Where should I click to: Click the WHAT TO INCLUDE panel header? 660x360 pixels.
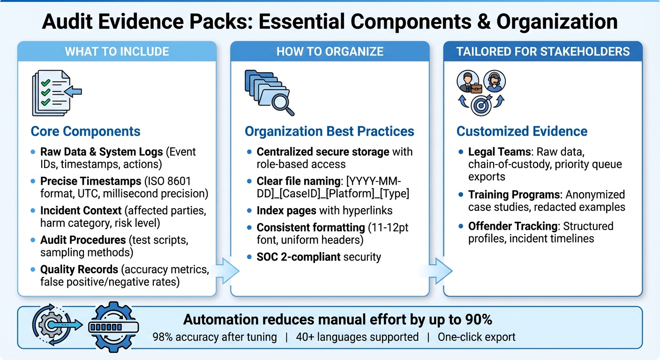[x=117, y=52]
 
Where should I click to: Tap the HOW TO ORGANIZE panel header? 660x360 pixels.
[x=330, y=52]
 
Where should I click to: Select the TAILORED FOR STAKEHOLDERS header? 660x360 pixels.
[x=543, y=52]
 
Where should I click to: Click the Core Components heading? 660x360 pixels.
[x=85, y=131]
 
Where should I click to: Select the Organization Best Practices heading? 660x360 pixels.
[x=329, y=131]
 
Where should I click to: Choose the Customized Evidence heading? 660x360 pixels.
[x=522, y=131]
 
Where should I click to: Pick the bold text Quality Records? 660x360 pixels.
[x=79, y=270]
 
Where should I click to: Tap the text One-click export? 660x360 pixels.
[x=476, y=337]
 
